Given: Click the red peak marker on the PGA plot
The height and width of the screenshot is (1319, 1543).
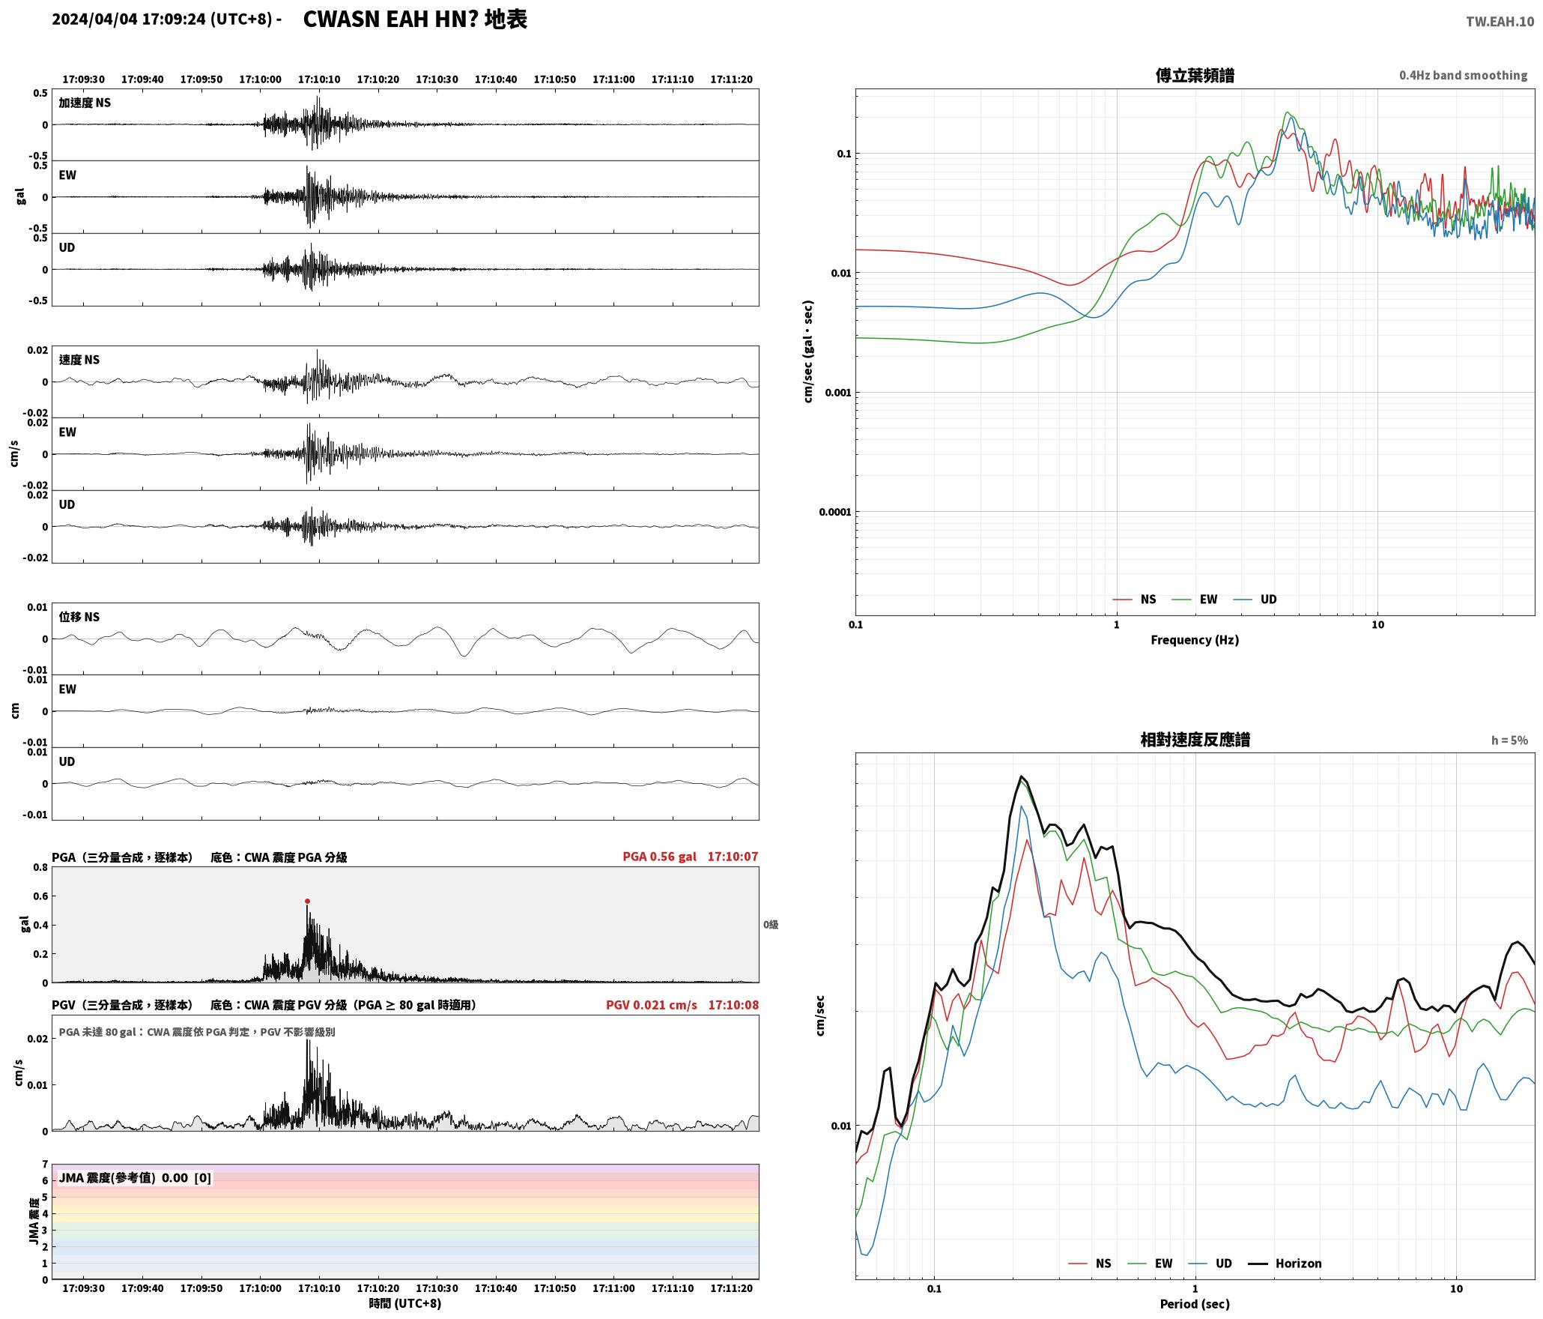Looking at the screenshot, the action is (x=307, y=901).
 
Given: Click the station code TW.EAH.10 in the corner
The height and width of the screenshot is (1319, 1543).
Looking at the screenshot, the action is (x=1500, y=22).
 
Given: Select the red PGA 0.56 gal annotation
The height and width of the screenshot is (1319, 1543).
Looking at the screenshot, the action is (x=659, y=856).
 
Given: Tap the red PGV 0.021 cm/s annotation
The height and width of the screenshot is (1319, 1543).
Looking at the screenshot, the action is (x=651, y=1004).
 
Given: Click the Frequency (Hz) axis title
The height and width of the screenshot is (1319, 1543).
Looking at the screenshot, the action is (x=1195, y=639).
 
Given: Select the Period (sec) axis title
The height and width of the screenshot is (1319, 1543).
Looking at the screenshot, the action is (x=1195, y=1303).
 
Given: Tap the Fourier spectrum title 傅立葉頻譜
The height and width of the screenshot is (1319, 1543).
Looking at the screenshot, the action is (x=1195, y=75).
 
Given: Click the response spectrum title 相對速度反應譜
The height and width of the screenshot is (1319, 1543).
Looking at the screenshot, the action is (x=1195, y=739).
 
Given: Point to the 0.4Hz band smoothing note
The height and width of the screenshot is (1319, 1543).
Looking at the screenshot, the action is (x=1463, y=75).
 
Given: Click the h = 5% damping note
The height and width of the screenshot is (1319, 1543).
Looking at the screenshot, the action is (x=1509, y=740).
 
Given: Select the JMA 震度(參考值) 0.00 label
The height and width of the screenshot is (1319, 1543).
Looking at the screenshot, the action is (x=124, y=1177).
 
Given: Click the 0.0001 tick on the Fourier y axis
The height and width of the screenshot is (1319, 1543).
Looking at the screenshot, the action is (x=835, y=512).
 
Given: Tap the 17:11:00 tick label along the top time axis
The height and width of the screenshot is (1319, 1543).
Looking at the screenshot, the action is (x=613, y=79).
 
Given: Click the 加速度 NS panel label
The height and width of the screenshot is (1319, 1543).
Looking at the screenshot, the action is (x=85, y=103).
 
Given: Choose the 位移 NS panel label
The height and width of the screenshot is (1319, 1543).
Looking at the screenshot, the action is (x=79, y=617).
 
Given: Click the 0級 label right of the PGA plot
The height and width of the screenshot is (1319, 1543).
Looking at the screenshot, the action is (x=771, y=924).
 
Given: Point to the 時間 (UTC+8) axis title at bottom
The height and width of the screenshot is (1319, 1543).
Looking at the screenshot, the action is (x=404, y=1303).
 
